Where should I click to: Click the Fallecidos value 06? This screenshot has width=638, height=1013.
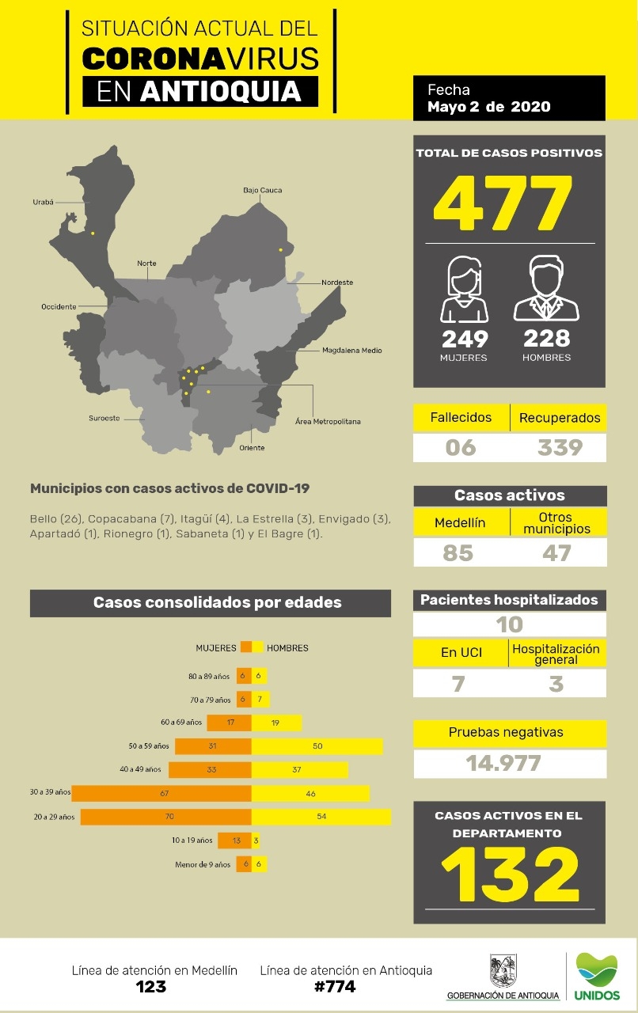point(461,448)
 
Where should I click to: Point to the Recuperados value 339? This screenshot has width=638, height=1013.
point(560,448)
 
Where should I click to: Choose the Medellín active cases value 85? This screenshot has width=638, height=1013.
point(458,552)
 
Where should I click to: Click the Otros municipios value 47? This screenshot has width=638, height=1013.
point(556,552)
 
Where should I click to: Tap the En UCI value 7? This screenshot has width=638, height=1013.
point(458,683)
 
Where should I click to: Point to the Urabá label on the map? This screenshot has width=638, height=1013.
point(43,202)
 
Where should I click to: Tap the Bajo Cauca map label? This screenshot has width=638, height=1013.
point(262,191)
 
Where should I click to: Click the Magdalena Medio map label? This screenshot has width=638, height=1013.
point(351,350)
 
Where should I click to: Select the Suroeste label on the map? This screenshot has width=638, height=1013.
point(104,419)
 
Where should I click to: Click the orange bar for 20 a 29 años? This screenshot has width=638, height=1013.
point(166,817)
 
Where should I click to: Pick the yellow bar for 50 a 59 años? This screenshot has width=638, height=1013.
point(317,746)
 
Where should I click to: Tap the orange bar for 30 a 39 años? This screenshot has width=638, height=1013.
point(161,793)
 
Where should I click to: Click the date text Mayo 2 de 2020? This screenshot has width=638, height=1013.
point(488,107)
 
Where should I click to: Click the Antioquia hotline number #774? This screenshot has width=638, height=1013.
point(336,986)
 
